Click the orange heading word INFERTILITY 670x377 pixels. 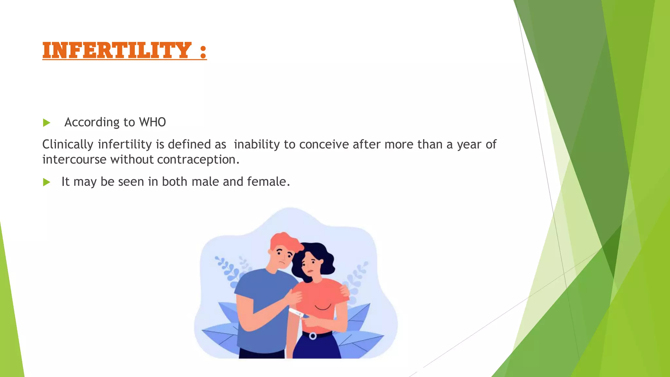click(x=117, y=50)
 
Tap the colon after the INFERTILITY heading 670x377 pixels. click(x=203, y=51)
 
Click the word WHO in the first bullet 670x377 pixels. click(x=152, y=122)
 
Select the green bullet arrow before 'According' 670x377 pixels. click(x=46, y=123)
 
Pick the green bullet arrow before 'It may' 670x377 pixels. click(x=46, y=182)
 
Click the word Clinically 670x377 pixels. click(x=68, y=145)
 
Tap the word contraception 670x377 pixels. click(x=198, y=160)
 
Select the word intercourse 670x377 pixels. click(x=74, y=160)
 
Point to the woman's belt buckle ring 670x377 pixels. click(x=313, y=336)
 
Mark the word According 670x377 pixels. click(x=92, y=122)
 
